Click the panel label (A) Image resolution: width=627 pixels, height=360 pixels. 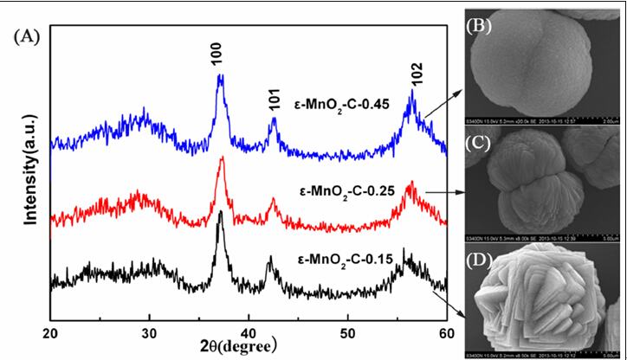pos(28,38)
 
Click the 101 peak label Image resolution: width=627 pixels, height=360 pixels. pos(273,102)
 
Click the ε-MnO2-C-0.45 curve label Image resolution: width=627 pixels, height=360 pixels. pos(338,103)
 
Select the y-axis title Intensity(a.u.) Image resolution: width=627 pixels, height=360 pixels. pos(29,174)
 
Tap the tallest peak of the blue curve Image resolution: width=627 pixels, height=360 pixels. pos(221,76)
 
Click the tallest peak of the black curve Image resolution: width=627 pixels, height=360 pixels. pos(221,212)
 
